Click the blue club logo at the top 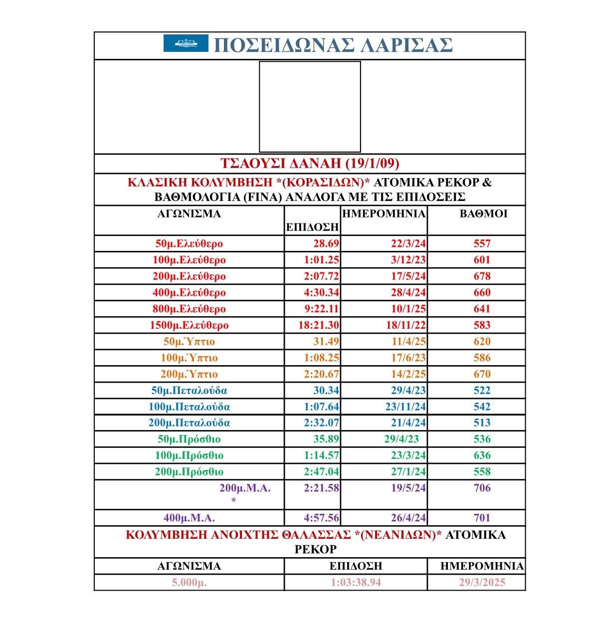[186, 43]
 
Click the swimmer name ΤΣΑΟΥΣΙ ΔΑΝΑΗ [309, 164]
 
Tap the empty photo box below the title [310, 107]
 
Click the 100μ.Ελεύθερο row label [189, 260]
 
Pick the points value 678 [482, 276]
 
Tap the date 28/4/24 [408, 293]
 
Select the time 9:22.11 [321, 309]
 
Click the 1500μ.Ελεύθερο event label [189, 325]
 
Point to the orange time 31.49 [326, 342]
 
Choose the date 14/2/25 [408, 374]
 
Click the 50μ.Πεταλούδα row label [189, 391]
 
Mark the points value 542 [482, 407]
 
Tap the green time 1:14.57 [321, 455]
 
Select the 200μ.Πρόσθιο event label [189, 472]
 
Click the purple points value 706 [482, 488]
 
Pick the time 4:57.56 [321, 518]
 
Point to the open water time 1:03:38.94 [356, 583]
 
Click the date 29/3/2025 [482, 583]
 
